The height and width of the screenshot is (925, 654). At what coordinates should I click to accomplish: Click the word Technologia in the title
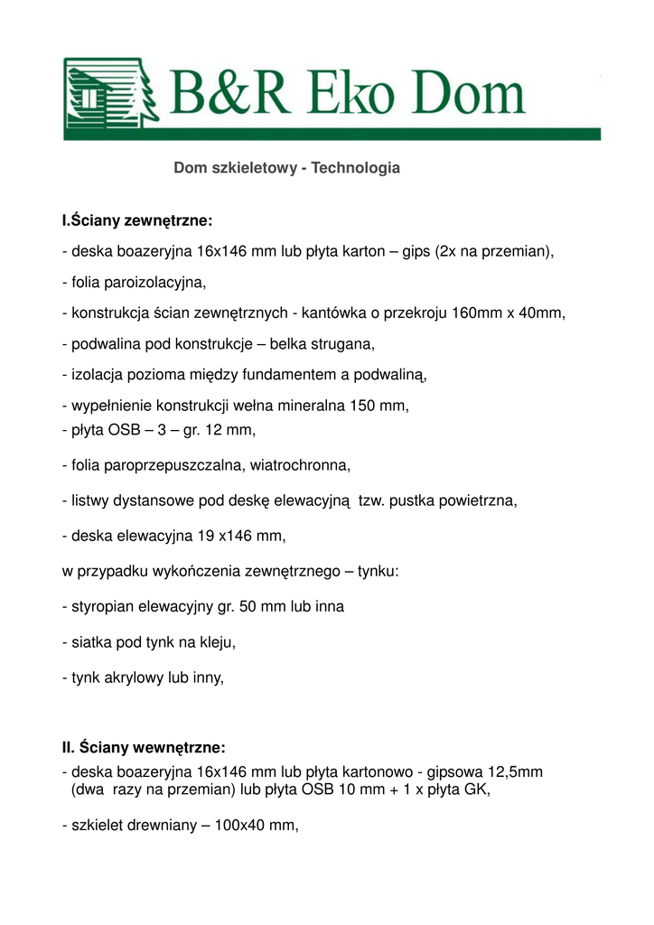click(355, 169)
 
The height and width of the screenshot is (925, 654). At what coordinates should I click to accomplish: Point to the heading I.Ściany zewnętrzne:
click(137, 220)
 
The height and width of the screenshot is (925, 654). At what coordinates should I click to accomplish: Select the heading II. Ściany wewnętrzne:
click(144, 748)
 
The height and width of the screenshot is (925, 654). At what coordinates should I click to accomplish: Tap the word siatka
click(93, 642)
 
